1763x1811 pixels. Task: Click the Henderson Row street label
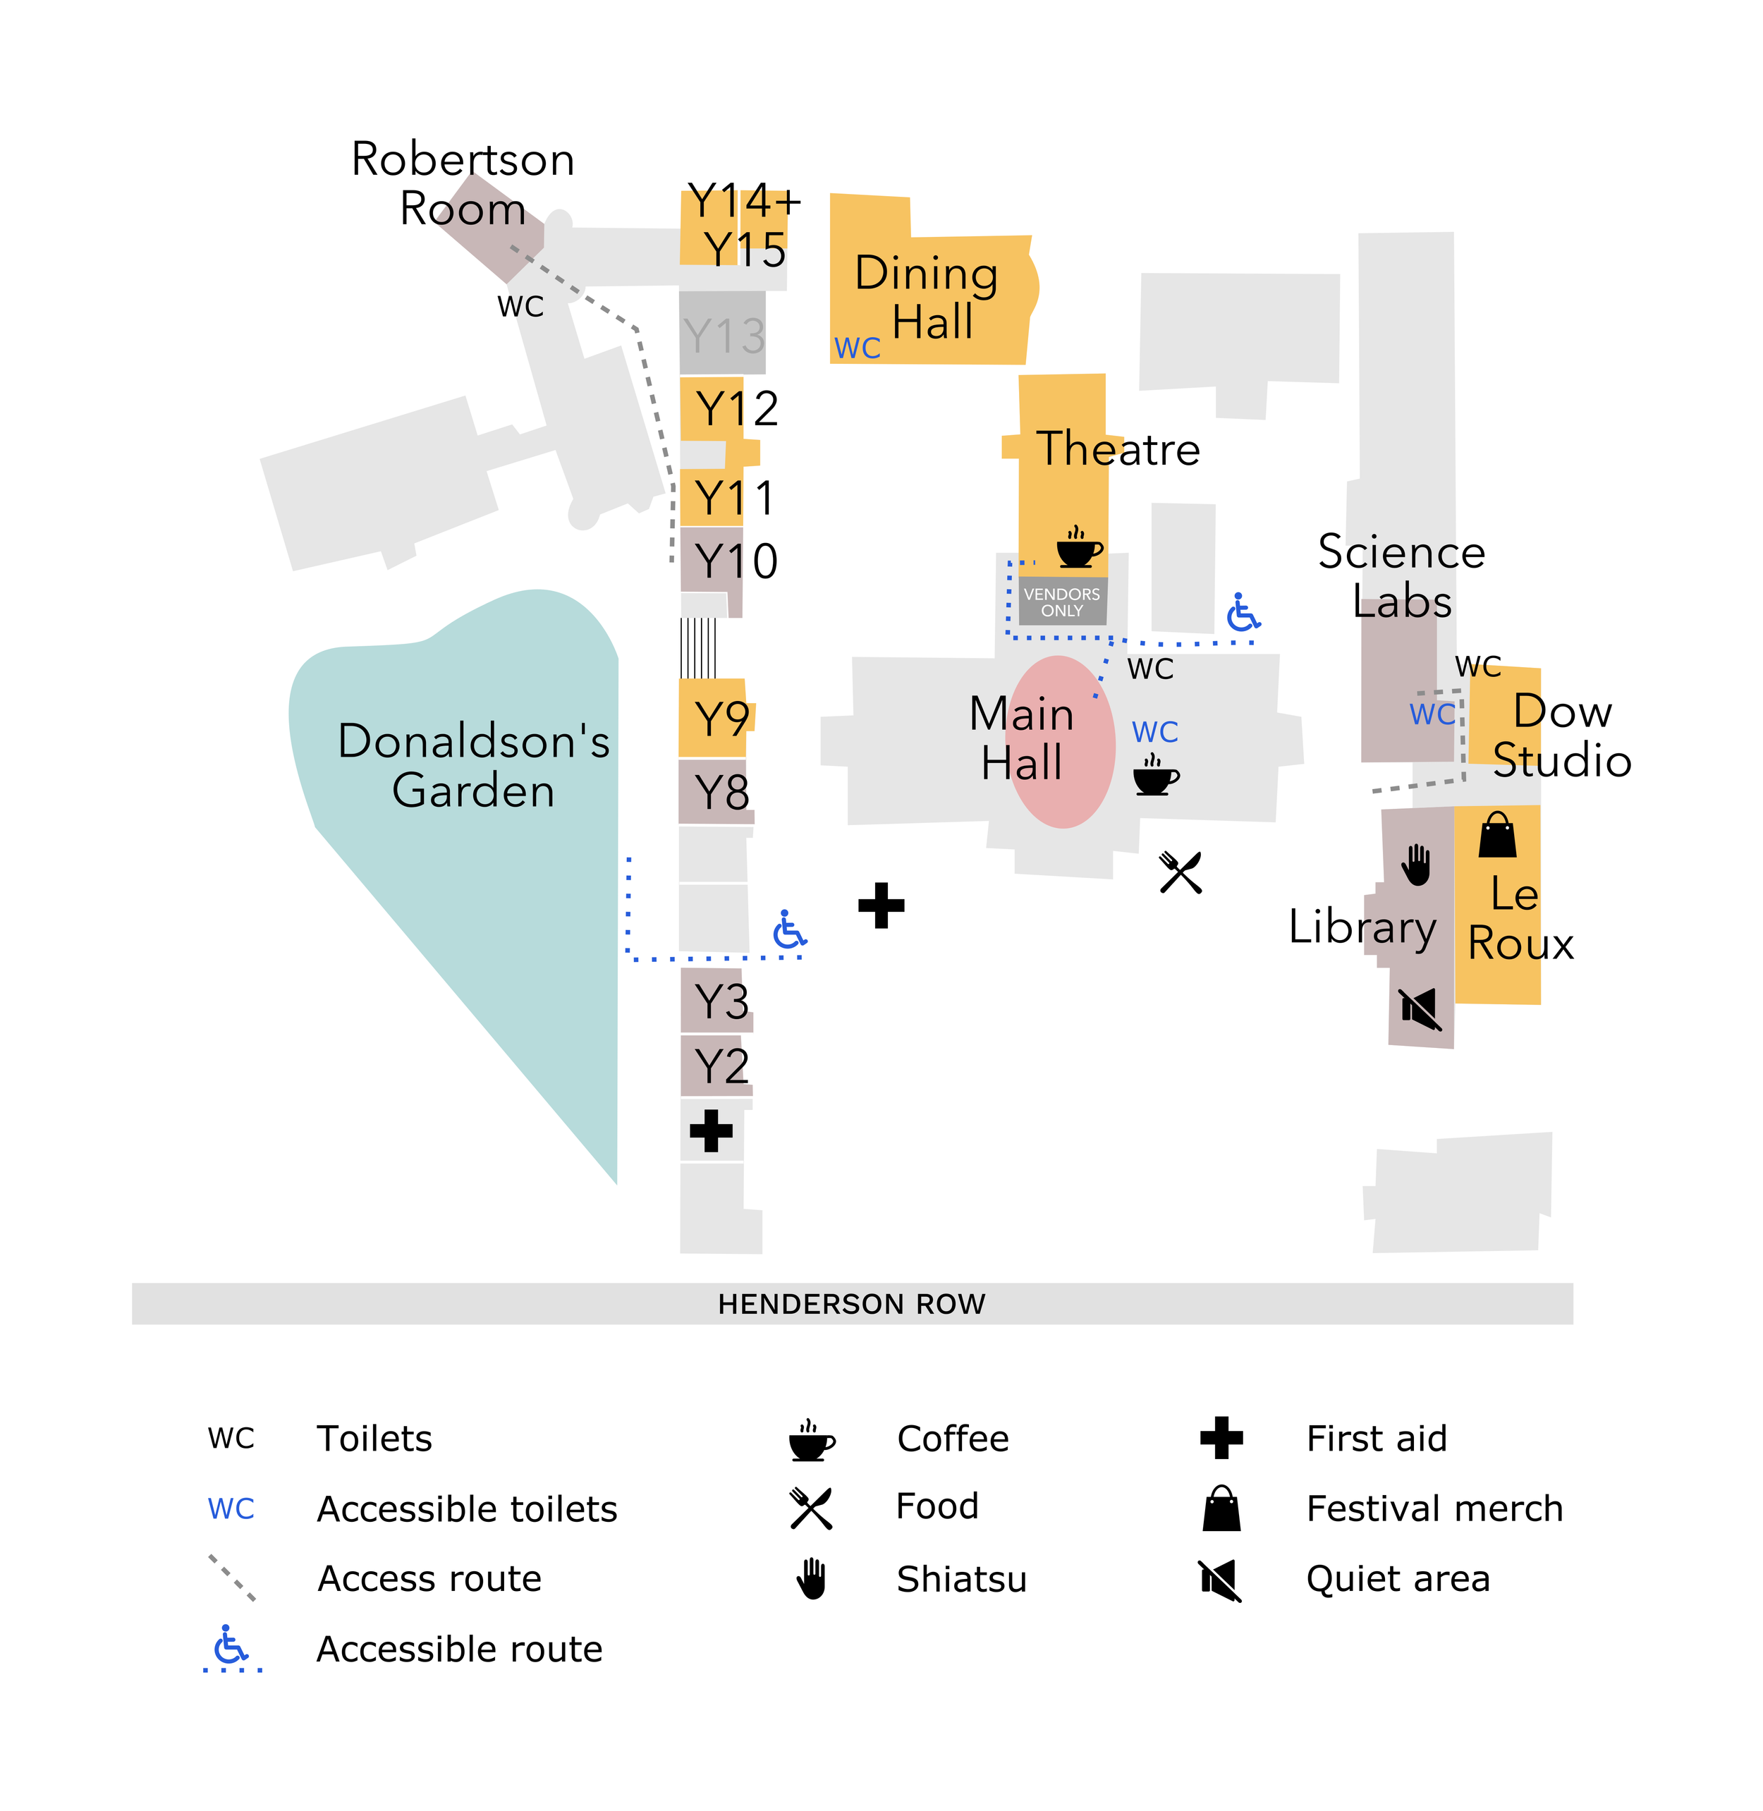(851, 1304)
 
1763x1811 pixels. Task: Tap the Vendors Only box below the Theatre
(1062, 602)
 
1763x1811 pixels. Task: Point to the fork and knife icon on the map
(1181, 872)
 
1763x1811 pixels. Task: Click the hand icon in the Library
(1416, 866)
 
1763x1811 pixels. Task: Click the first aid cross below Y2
(711, 1130)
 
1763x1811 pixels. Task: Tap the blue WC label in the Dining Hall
(858, 348)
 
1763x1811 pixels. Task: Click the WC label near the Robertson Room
(520, 307)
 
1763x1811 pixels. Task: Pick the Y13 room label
(723, 335)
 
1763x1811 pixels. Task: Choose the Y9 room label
(721, 719)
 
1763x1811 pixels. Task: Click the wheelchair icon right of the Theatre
(1243, 613)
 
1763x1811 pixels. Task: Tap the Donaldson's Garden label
(473, 766)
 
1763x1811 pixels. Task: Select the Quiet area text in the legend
(1397, 1578)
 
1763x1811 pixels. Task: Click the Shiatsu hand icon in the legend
(812, 1578)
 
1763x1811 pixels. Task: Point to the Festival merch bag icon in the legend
(1221, 1508)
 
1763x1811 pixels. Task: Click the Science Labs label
(1402, 577)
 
